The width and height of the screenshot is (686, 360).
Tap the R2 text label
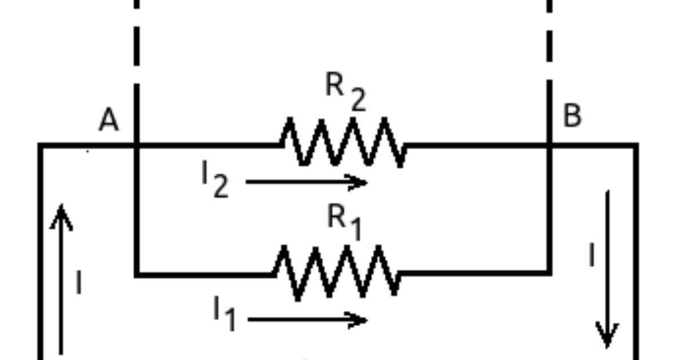[345, 92]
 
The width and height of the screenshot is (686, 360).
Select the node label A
[109, 121]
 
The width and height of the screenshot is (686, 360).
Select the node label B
[572, 116]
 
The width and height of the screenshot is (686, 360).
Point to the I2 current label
[214, 182]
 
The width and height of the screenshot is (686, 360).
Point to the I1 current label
[224, 314]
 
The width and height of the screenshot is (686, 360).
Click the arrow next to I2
[306, 183]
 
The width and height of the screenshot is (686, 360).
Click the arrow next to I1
[308, 319]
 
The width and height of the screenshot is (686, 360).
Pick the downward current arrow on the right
[607, 269]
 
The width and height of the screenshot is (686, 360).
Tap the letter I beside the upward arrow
[78, 283]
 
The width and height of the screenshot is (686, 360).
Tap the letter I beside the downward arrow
[592, 255]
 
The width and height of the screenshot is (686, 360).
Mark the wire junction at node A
[137, 146]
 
